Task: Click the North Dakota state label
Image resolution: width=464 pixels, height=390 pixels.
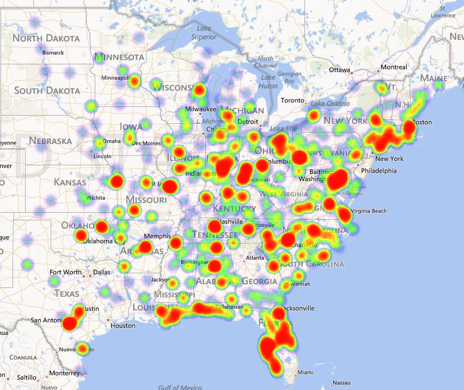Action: click(x=46, y=38)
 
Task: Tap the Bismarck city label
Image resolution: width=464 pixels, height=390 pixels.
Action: click(x=53, y=52)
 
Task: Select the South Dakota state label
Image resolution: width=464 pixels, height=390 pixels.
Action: click(x=47, y=90)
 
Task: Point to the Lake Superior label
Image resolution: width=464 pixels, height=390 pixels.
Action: click(x=204, y=33)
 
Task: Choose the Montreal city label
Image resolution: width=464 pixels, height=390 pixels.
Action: click(x=393, y=67)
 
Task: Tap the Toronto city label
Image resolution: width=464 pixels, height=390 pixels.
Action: click(x=294, y=100)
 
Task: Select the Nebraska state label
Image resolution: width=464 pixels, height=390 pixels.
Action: click(x=50, y=141)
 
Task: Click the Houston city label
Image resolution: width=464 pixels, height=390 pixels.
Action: click(x=123, y=326)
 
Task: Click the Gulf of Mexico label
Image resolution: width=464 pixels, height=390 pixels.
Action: click(x=180, y=387)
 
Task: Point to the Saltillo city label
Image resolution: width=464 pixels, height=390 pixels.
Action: click(x=26, y=377)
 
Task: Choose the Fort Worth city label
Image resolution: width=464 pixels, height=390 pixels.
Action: click(x=65, y=272)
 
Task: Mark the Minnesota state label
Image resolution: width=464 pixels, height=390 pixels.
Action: click(x=119, y=57)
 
